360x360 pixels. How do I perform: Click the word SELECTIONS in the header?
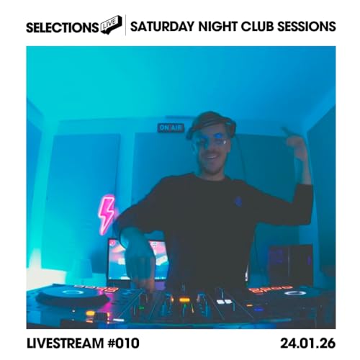62,27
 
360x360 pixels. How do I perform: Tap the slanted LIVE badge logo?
110,25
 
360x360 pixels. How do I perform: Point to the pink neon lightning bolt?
107,214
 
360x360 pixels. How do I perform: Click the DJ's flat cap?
210,122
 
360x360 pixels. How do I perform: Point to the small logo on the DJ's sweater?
238,202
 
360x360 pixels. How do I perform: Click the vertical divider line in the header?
125,26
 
